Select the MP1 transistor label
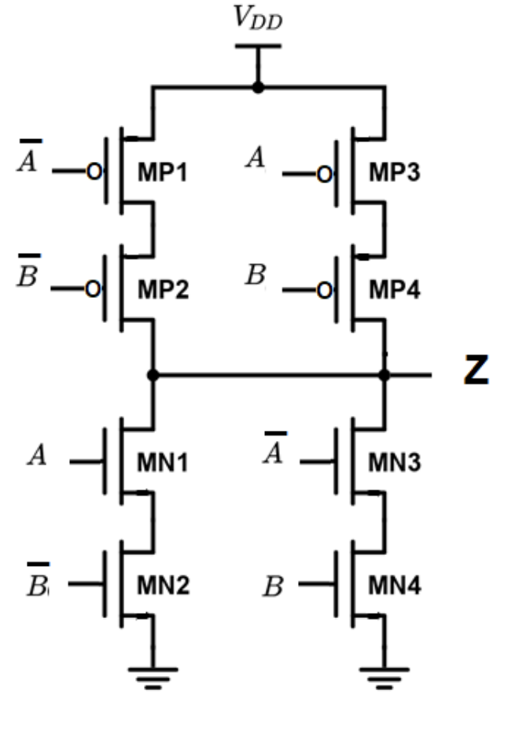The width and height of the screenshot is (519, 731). (163, 172)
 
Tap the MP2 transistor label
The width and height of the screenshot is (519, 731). (163, 290)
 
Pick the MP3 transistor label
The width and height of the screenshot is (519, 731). (394, 172)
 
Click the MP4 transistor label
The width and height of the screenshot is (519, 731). (394, 290)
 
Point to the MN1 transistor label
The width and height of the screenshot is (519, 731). (163, 463)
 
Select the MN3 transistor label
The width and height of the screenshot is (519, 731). (394, 463)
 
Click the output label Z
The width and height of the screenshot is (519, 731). (475, 373)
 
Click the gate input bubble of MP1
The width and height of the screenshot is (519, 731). (93, 173)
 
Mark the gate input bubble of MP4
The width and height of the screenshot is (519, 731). (323, 291)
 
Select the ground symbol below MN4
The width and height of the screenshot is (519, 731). (385, 677)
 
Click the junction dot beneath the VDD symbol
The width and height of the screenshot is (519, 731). (258, 87)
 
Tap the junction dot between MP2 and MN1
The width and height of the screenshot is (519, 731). (153, 376)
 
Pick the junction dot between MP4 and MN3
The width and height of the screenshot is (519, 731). (385, 376)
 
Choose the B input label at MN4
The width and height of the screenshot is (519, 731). (273, 587)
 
